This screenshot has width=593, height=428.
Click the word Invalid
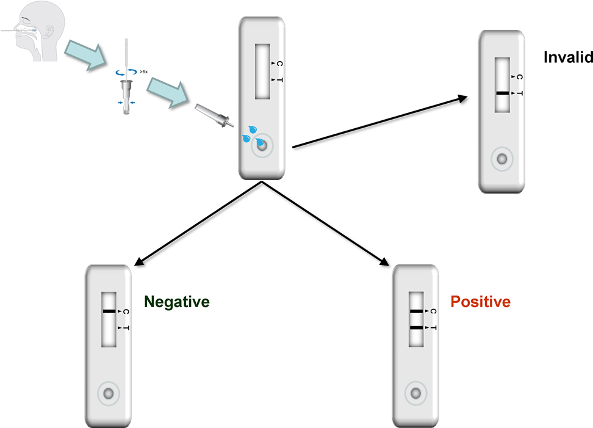pos(568,57)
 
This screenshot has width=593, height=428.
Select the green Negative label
pos(177,302)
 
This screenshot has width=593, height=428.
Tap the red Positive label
pos(480,302)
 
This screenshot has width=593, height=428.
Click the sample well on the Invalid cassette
pos(502,160)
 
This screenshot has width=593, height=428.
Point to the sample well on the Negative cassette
pos(109,393)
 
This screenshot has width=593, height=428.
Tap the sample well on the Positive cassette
pos(415,393)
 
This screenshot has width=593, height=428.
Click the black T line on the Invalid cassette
pos(502,93)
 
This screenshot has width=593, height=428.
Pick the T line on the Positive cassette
pos(415,328)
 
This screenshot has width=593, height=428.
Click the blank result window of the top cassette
pos(262,71)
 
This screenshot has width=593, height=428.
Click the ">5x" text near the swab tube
pos(144,71)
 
